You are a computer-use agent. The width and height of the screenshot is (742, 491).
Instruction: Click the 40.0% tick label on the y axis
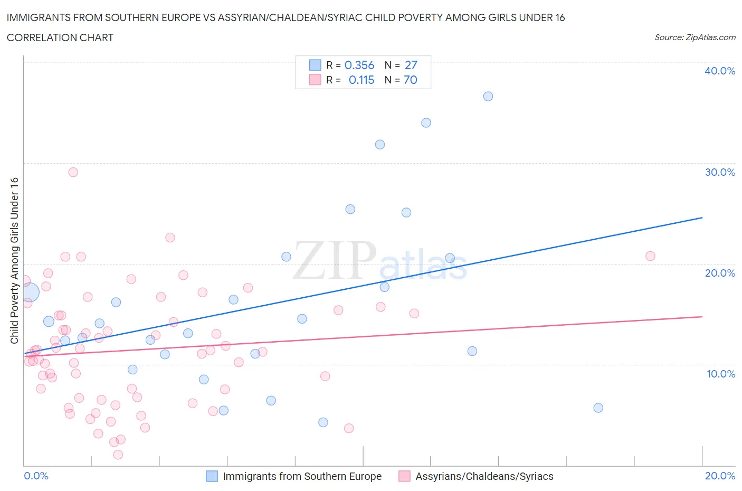pos(720,71)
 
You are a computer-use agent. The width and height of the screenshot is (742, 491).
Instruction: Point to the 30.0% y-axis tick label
pos(720,172)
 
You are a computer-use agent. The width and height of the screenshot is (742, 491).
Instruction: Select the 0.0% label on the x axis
pos(36,476)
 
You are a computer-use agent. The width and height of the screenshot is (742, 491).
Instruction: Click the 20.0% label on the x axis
pos(720,476)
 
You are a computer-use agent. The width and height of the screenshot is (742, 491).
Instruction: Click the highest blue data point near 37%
pos(488,96)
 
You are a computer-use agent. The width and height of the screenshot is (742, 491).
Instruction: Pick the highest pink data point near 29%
pos(73,172)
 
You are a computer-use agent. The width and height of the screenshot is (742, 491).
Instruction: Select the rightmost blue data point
pos(598,408)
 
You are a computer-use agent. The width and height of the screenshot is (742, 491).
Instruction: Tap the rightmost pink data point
pos(650,256)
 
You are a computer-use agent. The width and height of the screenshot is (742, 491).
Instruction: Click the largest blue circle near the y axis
pos(30,292)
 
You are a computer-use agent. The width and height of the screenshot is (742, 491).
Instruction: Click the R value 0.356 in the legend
pos(359,65)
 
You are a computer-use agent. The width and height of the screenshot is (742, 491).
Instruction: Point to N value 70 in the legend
pos(410,80)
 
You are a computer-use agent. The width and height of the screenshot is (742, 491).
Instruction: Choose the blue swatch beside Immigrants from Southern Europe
pos(212,476)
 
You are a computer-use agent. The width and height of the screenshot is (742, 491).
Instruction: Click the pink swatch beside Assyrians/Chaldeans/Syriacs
pos(404,476)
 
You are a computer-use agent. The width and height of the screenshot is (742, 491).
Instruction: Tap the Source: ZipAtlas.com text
pos(695,37)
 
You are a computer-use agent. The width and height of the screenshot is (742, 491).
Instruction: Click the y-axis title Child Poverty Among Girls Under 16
pos(14,260)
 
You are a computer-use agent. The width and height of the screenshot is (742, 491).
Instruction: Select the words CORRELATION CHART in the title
pos(60,37)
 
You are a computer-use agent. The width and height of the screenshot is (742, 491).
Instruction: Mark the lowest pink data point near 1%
pos(118,455)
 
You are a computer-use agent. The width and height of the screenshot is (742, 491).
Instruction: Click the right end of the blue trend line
pos(702,218)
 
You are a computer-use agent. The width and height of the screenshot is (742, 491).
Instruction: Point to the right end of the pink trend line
pos(702,316)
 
